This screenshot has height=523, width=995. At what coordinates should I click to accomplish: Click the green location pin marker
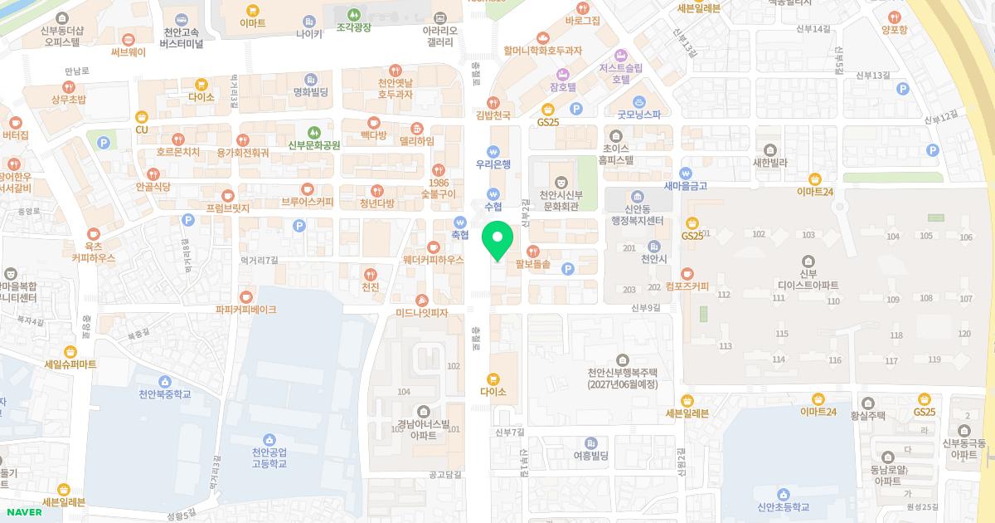coord(497,242)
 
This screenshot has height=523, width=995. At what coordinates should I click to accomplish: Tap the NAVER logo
coord(23,511)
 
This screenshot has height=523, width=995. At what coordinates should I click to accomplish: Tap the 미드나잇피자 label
coord(421,312)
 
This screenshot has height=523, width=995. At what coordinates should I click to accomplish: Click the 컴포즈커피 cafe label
coord(687,286)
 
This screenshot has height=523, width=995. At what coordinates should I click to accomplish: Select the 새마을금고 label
coord(686,186)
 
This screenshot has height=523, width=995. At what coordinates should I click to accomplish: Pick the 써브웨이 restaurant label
coord(128,51)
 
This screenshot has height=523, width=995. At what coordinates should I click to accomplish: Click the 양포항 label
coord(894,28)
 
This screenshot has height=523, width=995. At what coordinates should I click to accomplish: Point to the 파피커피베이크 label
coord(245,309)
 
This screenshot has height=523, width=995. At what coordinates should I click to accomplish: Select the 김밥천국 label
coord(493,115)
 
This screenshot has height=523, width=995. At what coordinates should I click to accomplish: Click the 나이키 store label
coord(308,34)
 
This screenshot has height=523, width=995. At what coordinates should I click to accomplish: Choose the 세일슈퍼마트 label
coord(70,364)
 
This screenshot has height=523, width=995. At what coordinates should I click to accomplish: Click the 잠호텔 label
coord(562,86)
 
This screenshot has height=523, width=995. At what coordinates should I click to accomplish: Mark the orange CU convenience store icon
coord(141,117)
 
